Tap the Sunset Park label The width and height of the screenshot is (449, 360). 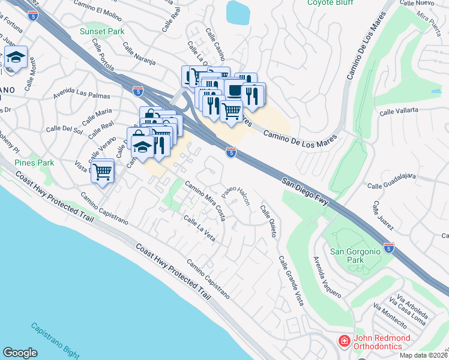(x=100, y=31)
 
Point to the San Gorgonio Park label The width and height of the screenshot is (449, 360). (x=355, y=256)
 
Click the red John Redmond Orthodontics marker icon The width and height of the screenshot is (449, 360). (x=344, y=341)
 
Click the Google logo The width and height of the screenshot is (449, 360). (x=20, y=353)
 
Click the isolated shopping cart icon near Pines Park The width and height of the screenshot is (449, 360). (x=103, y=172)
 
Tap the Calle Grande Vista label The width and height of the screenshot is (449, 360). (x=289, y=279)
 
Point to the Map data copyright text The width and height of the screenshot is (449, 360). (x=423, y=355)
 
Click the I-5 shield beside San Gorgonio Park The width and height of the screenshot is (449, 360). (x=389, y=247)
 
